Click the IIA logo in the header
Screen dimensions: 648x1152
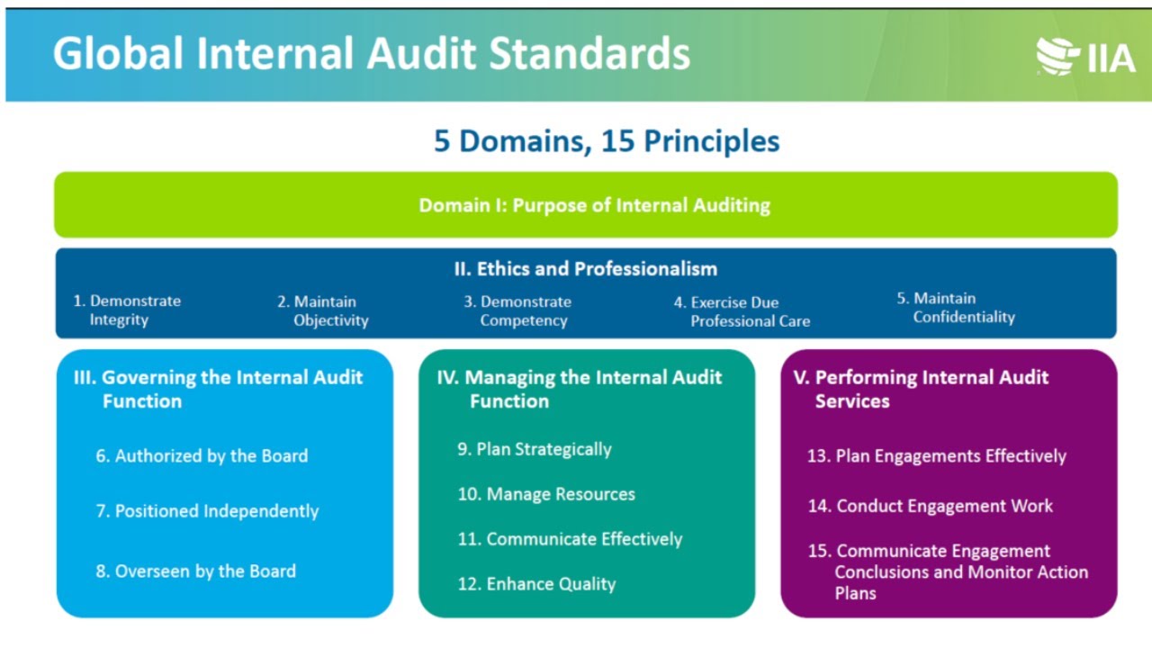pyautogui.click(x=1084, y=57)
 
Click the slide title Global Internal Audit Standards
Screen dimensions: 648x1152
pyautogui.click(x=371, y=54)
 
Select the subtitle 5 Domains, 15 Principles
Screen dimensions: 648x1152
pyautogui.click(x=607, y=141)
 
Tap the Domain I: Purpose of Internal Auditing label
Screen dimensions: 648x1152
pyautogui.click(x=594, y=205)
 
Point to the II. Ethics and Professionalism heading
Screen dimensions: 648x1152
pyautogui.click(x=585, y=268)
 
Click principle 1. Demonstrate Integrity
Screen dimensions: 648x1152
pyautogui.click(x=127, y=310)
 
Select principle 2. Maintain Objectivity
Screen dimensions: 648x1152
pyautogui.click(x=323, y=310)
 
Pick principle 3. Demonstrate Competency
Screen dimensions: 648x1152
pyautogui.click(x=517, y=310)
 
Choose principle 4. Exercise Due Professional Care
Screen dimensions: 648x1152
pyautogui.click(x=742, y=311)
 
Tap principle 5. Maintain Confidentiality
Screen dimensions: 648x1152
pyautogui.click(x=956, y=308)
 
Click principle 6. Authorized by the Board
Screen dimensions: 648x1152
pyautogui.click(x=202, y=456)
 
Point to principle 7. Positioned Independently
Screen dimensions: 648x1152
pyautogui.click(x=207, y=511)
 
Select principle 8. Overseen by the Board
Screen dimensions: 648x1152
pyautogui.click(x=195, y=571)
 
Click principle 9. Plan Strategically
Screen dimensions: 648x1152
pyautogui.click(x=535, y=449)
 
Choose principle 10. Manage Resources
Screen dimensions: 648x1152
pyautogui.click(x=546, y=494)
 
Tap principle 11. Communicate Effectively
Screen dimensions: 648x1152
pyautogui.click(x=570, y=539)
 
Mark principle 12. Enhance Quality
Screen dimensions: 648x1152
pyautogui.click(x=536, y=584)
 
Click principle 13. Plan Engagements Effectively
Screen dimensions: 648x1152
pyautogui.click(x=936, y=456)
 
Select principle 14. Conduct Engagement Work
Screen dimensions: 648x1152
pyautogui.click(x=930, y=506)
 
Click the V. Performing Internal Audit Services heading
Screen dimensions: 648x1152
pyautogui.click(x=922, y=389)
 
